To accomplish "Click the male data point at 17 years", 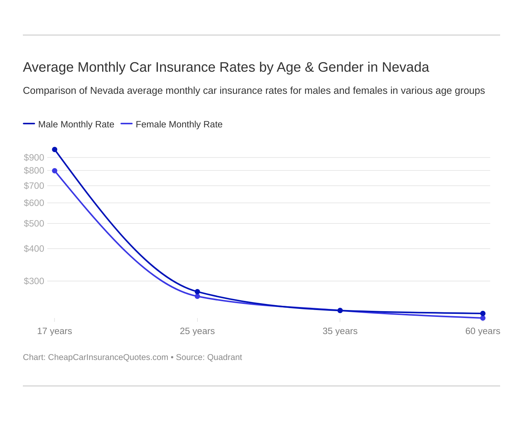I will tap(55, 149).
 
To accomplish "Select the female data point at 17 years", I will tap(55, 171).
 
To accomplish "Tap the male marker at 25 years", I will tap(197, 292).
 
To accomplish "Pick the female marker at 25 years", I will tap(197, 296).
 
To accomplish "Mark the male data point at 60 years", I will tap(483, 313).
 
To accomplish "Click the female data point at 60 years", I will tap(483, 318).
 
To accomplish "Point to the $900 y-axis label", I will tap(34, 157).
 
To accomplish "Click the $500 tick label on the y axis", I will tap(34, 223).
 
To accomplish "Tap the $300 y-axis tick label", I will tap(34, 281).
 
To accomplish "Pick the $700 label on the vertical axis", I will tap(34, 186).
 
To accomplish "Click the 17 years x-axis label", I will tap(55, 331).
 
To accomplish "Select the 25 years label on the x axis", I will tap(197, 331).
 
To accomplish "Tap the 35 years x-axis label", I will tap(340, 331).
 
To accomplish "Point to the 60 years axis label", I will tap(483, 331).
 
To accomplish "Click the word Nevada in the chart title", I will tap(405, 67).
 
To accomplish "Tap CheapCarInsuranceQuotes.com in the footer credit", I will tap(108, 357).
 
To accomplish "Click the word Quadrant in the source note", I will tap(225, 357).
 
